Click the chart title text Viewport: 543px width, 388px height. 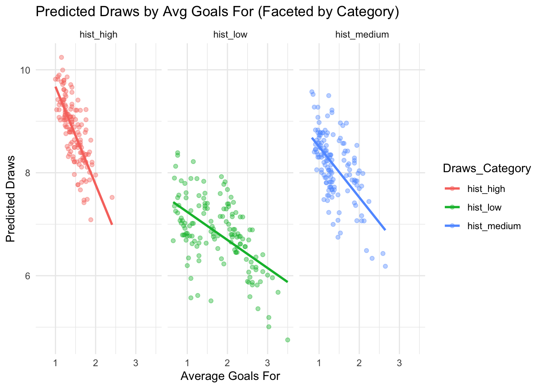tap(217, 12)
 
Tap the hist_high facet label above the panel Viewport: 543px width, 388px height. tap(99, 35)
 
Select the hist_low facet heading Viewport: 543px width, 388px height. tap(230, 35)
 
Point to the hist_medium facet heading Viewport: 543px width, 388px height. tap(362, 35)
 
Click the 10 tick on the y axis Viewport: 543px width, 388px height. tap(25, 70)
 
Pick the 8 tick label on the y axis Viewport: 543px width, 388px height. tap(27, 173)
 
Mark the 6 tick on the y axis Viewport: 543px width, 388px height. tap(27, 276)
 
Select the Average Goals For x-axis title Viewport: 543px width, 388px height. tap(230, 376)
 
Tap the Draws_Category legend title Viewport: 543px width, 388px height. tap(487, 169)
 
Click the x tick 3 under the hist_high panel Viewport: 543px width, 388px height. tap(135, 363)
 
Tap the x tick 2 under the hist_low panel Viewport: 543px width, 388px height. tap(227, 363)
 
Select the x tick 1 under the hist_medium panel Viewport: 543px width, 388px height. tap(319, 363)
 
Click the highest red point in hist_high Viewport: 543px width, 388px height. tap(61, 57)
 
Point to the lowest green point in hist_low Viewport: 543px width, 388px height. tap(288, 340)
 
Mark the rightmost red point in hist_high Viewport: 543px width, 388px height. tap(112, 197)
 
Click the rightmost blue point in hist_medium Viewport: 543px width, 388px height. tap(385, 266)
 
